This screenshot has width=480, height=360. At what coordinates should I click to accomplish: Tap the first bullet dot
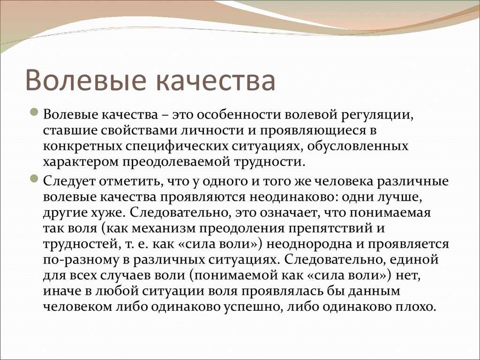(35, 112)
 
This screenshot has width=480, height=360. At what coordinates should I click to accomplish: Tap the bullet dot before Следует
(35, 179)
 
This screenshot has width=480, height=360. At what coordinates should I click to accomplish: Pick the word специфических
(177, 147)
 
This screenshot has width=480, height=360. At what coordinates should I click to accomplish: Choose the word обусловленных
(358, 146)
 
